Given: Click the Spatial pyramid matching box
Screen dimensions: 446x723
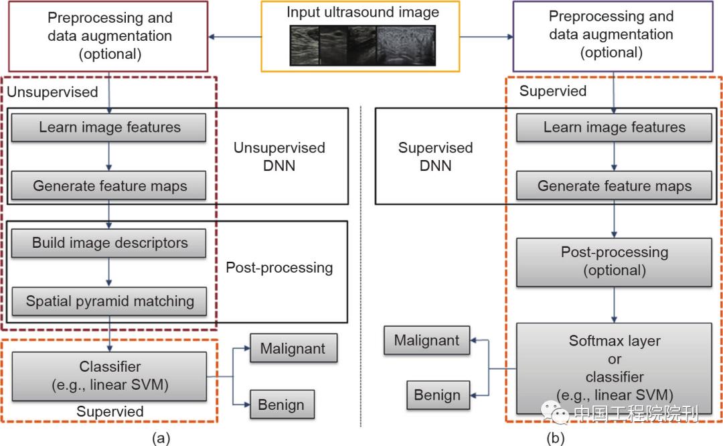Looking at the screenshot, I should [110, 301].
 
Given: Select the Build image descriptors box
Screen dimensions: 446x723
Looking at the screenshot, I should [110, 243].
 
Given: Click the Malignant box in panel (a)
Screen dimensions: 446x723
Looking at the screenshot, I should [293, 349].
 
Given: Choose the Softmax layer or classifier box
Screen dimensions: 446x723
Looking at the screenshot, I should [615, 368].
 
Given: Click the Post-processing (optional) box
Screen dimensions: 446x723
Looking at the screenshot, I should [615, 261].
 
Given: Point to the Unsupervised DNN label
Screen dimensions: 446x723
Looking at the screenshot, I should [279, 156].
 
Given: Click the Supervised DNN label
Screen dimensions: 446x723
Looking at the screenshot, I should [436, 156].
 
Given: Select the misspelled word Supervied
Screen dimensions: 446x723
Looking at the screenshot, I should [553, 91].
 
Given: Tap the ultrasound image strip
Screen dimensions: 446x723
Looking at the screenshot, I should [362, 45].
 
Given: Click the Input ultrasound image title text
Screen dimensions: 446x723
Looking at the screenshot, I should [362, 12].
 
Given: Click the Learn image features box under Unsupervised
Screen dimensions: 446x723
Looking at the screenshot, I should [110, 127].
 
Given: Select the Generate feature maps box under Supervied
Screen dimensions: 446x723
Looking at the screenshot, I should [615, 186].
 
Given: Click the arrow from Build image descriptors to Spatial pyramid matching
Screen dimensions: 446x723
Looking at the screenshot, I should [109, 272].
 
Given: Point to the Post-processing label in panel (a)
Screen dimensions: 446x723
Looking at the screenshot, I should [279, 268].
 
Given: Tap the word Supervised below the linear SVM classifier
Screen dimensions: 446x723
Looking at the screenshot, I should [110, 411].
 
